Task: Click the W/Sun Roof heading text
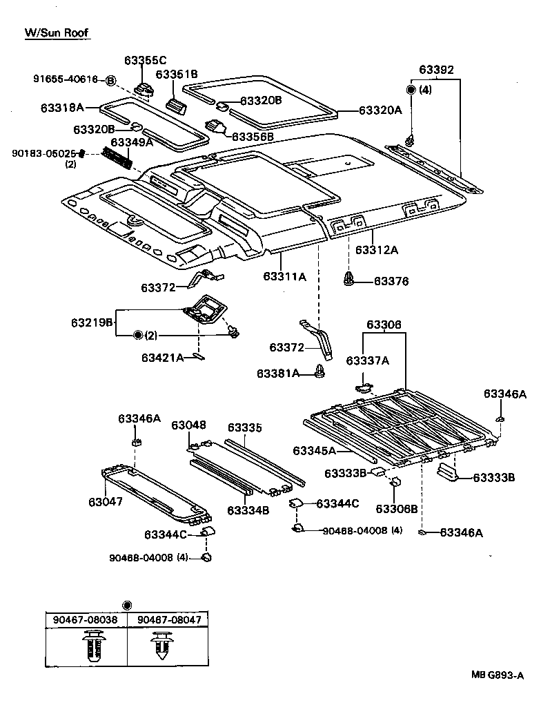click(x=57, y=32)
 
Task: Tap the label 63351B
click(x=177, y=75)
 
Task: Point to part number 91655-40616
click(x=66, y=79)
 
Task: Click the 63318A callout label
click(x=61, y=108)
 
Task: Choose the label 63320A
click(x=380, y=110)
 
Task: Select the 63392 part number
click(x=436, y=70)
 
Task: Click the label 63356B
click(x=253, y=137)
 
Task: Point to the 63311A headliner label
click(x=284, y=276)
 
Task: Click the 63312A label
click(x=377, y=250)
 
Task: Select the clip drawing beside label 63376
click(x=349, y=280)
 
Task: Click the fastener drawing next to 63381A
click(x=319, y=373)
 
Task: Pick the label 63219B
click(x=91, y=322)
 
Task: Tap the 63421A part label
click(x=162, y=358)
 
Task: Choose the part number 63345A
click(x=314, y=451)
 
